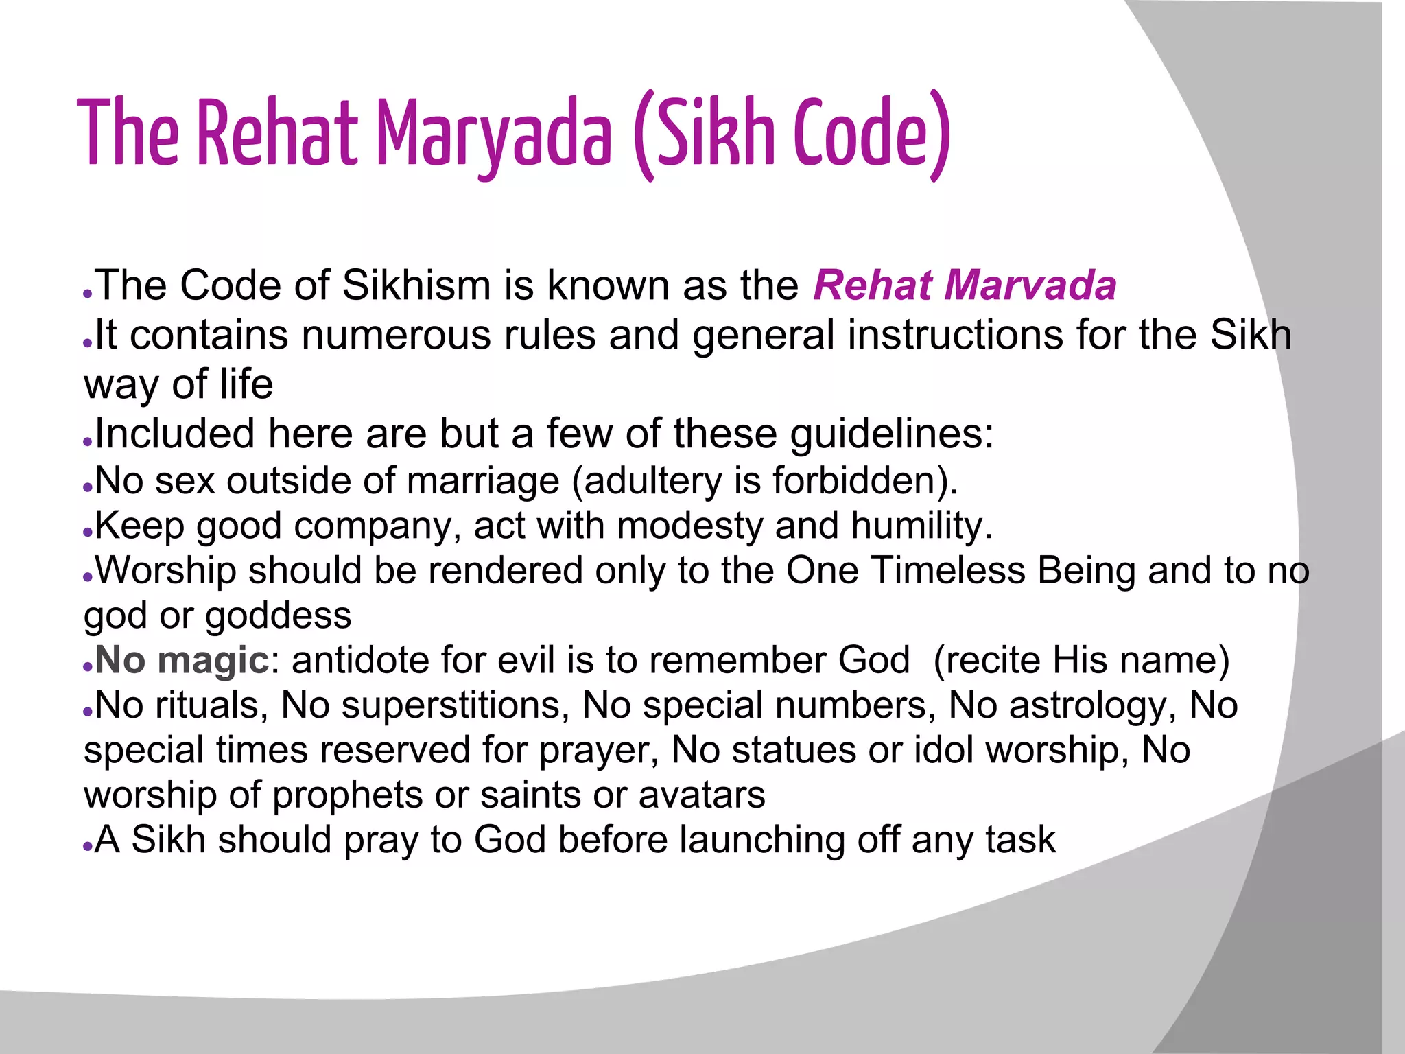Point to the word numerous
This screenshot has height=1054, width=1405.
pyautogui.click(x=395, y=335)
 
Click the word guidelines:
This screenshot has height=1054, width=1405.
pyautogui.click(x=892, y=434)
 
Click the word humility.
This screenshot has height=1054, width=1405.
pyautogui.click(x=922, y=526)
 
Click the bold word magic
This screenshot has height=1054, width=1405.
pyautogui.click(x=213, y=660)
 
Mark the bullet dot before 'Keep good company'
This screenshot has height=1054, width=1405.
pyautogui.click(x=87, y=532)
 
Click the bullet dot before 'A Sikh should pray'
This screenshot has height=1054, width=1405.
pyautogui.click(x=87, y=846)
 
